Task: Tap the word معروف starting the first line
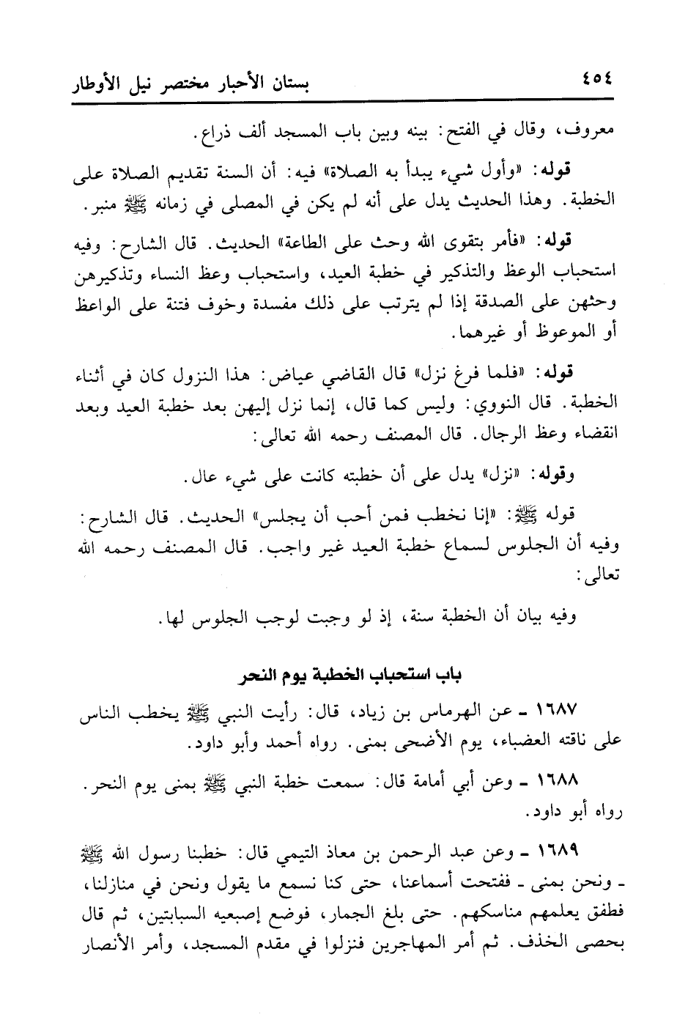pyautogui.click(x=593, y=133)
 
